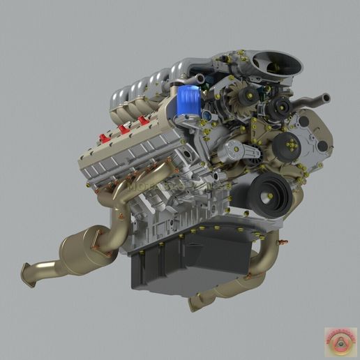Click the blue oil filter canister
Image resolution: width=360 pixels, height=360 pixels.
(187, 100)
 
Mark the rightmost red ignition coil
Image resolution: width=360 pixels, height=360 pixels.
(144, 121)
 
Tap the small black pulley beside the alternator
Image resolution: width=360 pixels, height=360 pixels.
(281, 106)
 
